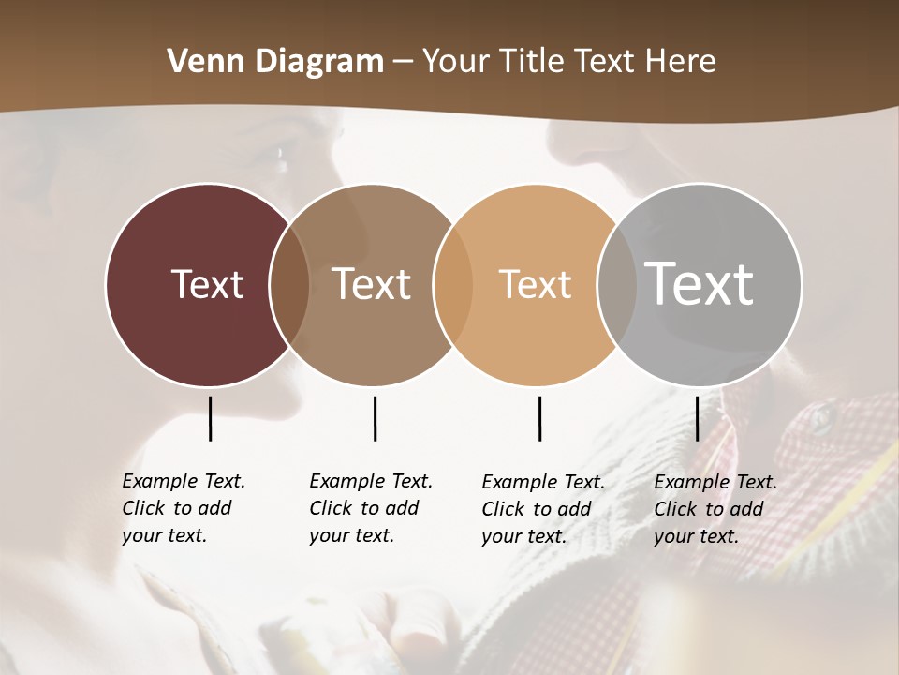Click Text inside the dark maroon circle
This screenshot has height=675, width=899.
pyautogui.click(x=207, y=284)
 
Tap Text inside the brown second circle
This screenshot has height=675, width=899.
pyautogui.click(x=371, y=284)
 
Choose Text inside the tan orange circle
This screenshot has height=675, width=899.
pyautogui.click(x=535, y=284)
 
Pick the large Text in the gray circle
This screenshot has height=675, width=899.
pyautogui.click(x=700, y=283)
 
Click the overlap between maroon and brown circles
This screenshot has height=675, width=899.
pyautogui.click(x=289, y=284)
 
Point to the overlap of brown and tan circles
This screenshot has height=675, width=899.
pyautogui.click(x=453, y=284)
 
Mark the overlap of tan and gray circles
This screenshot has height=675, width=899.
pyautogui.click(x=617, y=284)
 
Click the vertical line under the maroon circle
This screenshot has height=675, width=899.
pyautogui.click(x=210, y=418)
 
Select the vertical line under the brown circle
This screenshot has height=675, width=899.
pyautogui.click(x=375, y=418)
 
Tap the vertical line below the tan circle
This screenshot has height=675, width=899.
pyautogui.click(x=539, y=418)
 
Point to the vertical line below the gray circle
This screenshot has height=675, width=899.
pyautogui.click(x=698, y=418)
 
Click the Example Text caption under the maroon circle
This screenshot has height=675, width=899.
pyautogui.click(x=183, y=508)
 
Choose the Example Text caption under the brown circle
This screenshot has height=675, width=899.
pyautogui.click(x=370, y=508)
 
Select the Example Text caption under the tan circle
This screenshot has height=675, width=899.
pyautogui.click(x=542, y=509)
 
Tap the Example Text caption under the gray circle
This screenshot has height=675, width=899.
pyautogui.click(x=715, y=509)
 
